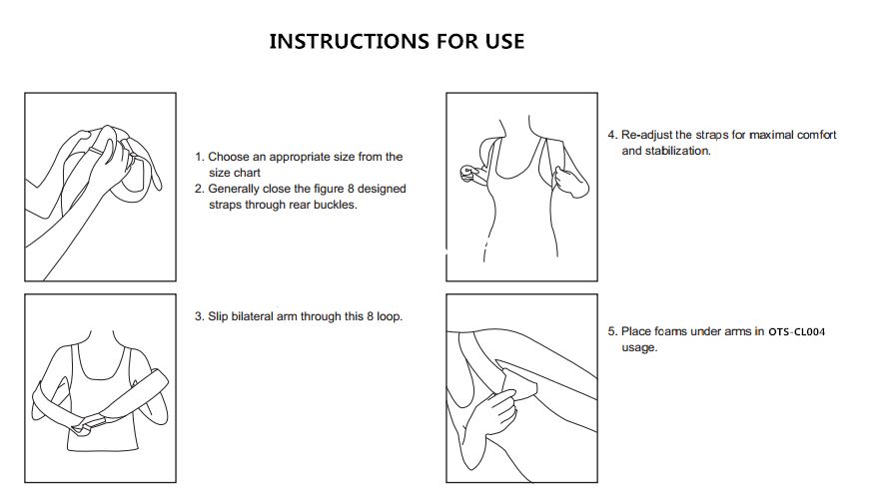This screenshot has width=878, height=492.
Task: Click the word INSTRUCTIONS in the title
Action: (350, 42)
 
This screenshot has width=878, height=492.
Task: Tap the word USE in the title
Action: (505, 42)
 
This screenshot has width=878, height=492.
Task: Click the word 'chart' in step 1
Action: (248, 173)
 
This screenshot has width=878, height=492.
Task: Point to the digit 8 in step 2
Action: (351, 189)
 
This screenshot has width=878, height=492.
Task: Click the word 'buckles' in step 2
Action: (335, 205)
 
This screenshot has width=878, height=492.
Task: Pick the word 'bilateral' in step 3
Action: (253, 316)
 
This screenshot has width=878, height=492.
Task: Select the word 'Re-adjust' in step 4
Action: (646, 135)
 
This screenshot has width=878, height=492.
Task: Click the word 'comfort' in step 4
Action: (816, 135)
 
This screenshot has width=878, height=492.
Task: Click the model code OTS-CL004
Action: (796, 332)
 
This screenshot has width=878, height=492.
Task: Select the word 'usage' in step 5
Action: (639, 347)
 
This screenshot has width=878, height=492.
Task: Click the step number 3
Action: (199, 316)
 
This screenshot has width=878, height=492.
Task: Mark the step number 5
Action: (612, 331)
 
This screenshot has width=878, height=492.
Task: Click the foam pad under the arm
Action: (520, 382)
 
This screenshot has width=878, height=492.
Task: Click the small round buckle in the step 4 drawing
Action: (467, 172)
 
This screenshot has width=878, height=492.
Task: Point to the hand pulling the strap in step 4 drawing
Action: (570, 182)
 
